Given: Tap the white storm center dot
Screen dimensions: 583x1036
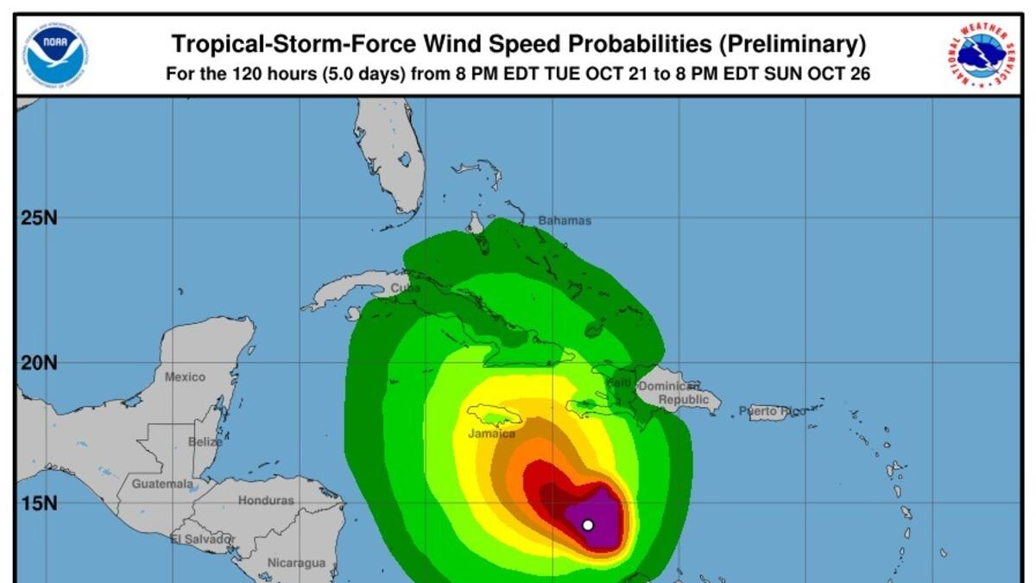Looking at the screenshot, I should (x=588, y=524).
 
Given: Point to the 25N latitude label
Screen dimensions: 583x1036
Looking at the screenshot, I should (x=39, y=218).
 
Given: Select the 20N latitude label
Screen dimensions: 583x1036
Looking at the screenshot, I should (x=39, y=363).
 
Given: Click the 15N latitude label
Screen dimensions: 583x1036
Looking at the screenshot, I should (x=39, y=503).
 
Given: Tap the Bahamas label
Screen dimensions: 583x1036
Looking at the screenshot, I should (x=565, y=221).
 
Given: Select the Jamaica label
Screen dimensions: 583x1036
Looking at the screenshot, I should (x=491, y=434).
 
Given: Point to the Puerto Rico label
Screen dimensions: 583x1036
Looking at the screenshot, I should (x=772, y=412).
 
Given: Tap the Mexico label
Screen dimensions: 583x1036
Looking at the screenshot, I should (x=185, y=377).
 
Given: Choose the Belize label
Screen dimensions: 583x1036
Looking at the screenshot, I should (x=205, y=442).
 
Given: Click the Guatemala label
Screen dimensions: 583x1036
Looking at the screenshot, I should (x=162, y=485).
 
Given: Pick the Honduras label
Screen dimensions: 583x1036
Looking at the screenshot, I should (x=266, y=501).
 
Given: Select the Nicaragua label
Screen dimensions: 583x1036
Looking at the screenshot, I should (x=296, y=563).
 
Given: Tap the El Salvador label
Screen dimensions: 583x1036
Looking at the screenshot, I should (x=203, y=539).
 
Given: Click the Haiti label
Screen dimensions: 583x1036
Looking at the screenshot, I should (x=618, y=383).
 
